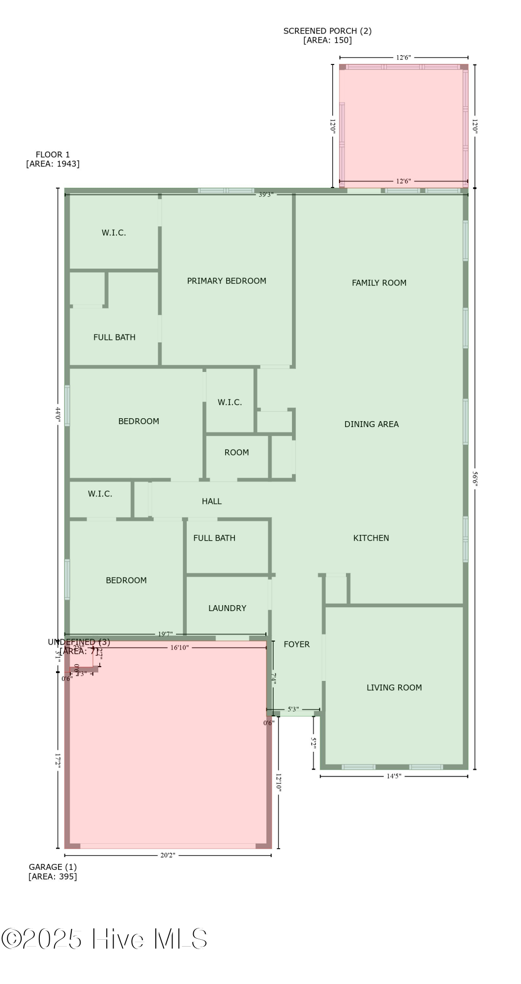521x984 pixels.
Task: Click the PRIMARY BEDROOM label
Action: pyautogui.click(x=227, y=281)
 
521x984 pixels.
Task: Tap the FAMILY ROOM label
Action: pyautogui.click(x=379, y=283)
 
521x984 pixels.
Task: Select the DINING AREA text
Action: pyautogui.click(x=371, y=424)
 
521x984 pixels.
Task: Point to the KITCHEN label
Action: pyautogui.click(x=371, y=538)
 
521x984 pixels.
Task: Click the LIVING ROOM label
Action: pyautogui.click(x=394, y=688)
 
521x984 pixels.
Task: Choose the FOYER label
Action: pyautogui.click(x=297, y=645)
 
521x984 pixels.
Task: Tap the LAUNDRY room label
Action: pyautogui.click(x=227, y=609)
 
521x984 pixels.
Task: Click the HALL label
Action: pyautogui.click(x=212, y=501)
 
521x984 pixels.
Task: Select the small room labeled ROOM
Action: pyautogui.click(x=236, y=453)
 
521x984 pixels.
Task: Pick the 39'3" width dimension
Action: pyautogui.click(x=266, y=195)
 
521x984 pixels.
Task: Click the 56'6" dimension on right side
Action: pyautogui.click(x=475, y=478)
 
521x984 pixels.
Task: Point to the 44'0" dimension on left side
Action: pyautogui.click(x=58, y=413)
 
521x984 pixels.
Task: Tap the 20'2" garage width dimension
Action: pyautogui.click(x=168, y=855)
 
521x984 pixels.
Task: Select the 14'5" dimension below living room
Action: pyautogui.click(x=394, y=776)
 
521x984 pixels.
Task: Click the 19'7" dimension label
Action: pyautogui.click(x=165, y=634)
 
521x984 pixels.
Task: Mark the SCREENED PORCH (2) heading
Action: pyautogui.click(x=327, y=31)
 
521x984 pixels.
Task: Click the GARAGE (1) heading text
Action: pyautogui.click(x=53, y=867)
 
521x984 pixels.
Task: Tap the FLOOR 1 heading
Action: pyautogui.click(x=53, y=154)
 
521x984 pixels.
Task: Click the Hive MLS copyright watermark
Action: pyautogui.click(x=104, y=939)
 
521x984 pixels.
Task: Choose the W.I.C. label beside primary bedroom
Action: pyautogui.click(x=114, y=233)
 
